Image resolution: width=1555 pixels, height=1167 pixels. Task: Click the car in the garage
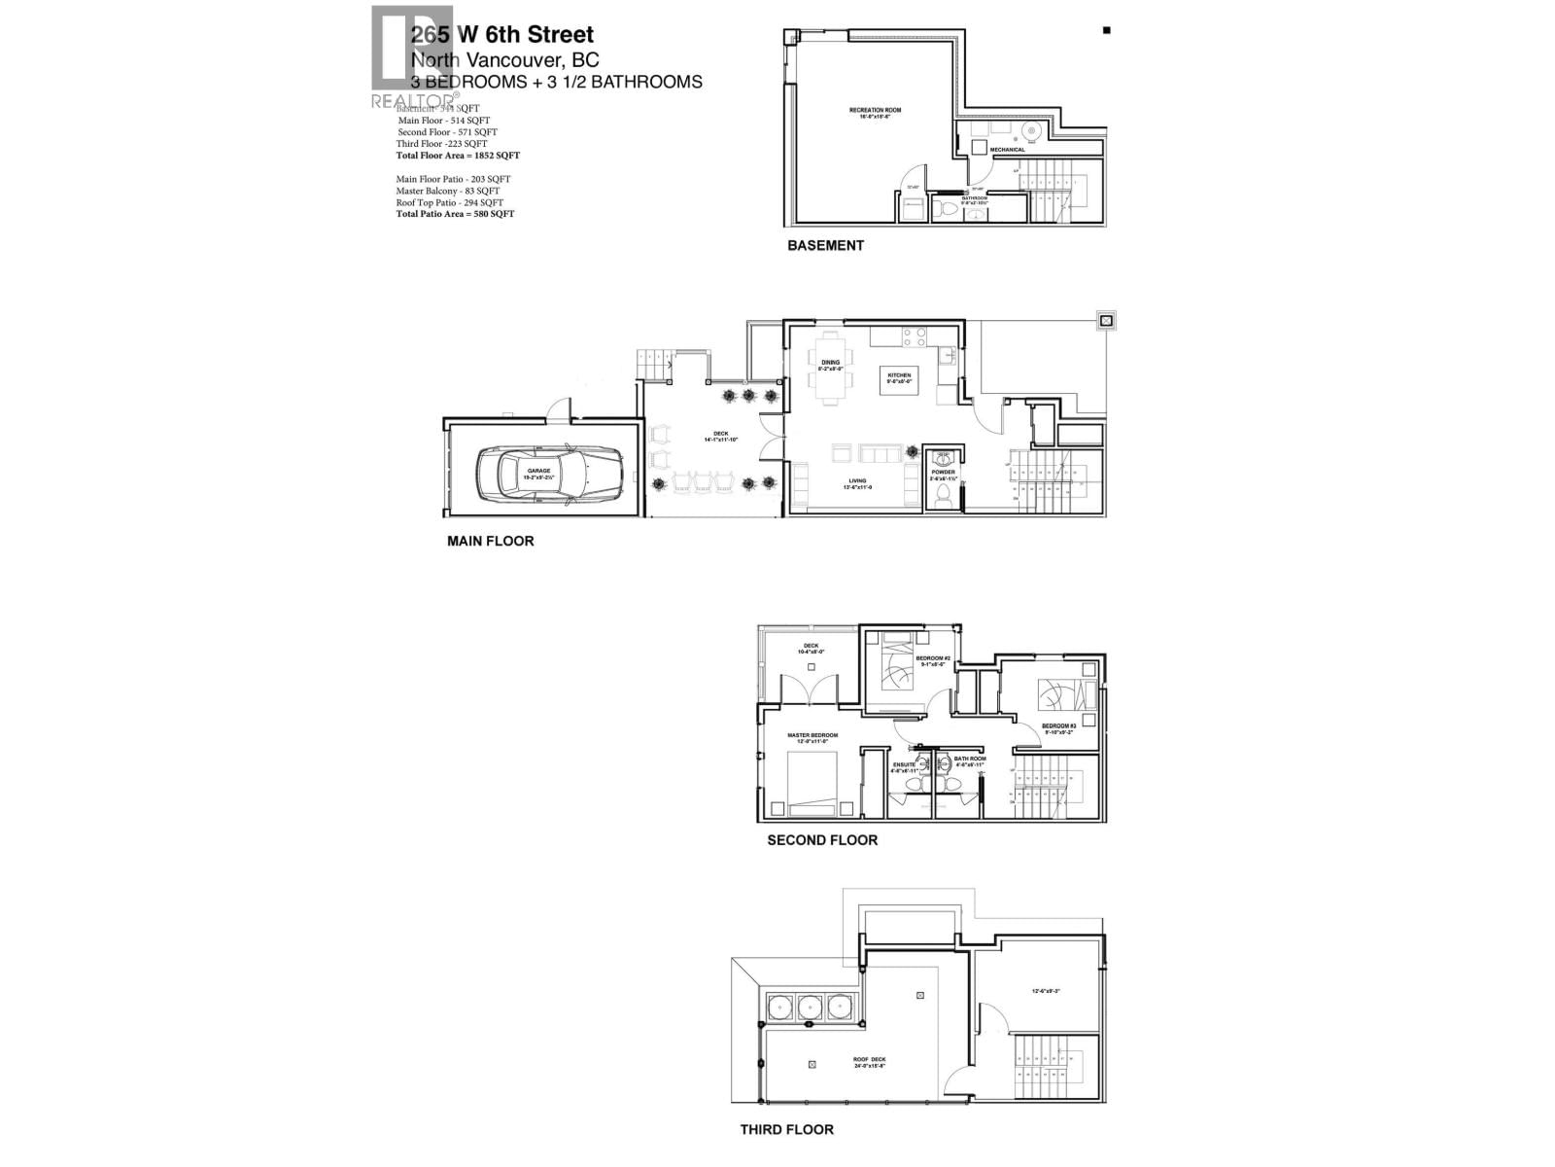(x=548, y=472)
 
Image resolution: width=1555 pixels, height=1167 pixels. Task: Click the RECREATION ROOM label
(x=875, y=111)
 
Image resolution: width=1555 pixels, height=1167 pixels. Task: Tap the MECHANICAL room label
(x=1007, y=150)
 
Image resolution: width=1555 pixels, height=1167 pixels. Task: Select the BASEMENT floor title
(x=825, y=246)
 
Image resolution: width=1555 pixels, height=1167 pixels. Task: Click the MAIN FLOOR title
(x=490, y=541)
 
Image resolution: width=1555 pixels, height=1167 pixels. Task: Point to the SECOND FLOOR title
(x=822, y=840)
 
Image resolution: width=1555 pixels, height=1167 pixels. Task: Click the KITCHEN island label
(x=898, y=376)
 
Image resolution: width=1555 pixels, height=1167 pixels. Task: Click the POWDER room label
(x=943, y=473)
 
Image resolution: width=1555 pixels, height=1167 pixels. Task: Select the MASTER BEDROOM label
(x=812, y=736)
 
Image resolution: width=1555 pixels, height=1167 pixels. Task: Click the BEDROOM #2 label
(x=932, y=658)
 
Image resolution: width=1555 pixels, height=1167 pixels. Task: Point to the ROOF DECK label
(x=870, y=1060)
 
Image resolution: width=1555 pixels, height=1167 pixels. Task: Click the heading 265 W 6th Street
(x=501, y=36)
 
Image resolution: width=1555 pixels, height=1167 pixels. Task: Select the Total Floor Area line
(x=458, y=156)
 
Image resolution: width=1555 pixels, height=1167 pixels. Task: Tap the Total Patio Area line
(x=455, y=214)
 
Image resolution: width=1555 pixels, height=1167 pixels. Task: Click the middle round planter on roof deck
(x=811, y=1007)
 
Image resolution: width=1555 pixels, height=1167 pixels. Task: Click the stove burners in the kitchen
(x=915, y=336)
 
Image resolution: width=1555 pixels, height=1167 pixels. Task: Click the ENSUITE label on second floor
(x=904, y=764)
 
